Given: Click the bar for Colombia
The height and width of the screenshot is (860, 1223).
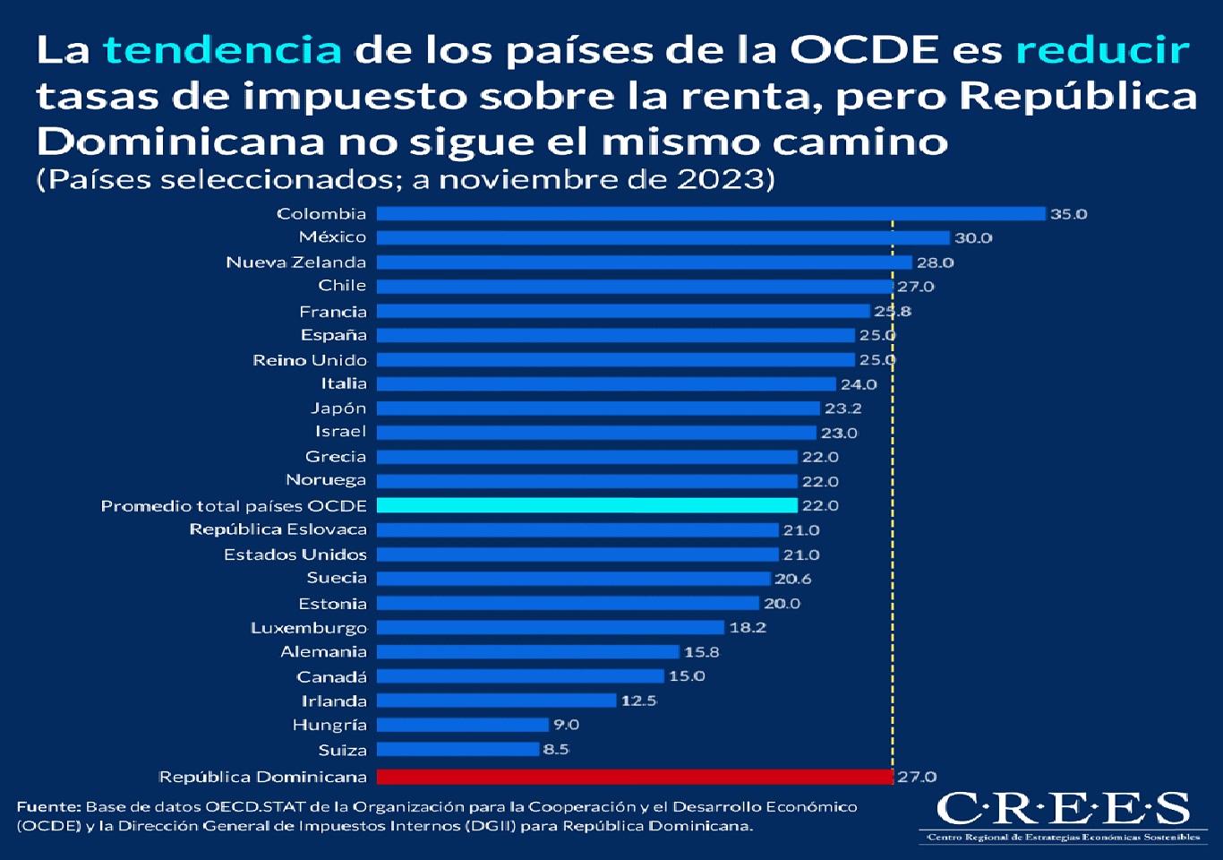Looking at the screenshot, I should coord(711,213).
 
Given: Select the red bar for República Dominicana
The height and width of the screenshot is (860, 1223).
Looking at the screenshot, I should coord(634,777).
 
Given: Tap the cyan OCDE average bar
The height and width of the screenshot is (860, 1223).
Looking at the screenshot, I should coord(586,505).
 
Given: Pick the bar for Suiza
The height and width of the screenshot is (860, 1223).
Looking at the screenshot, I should coord(458,749).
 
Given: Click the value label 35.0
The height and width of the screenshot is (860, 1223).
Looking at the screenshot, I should coord(1068,214).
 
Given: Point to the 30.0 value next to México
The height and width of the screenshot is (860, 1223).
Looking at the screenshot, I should coord(973,238).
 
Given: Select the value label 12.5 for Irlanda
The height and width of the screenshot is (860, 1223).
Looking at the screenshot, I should coord(638,701).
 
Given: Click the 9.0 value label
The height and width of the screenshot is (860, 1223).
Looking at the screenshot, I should coord(566,725).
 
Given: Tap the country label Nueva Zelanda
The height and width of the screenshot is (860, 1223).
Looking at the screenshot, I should coord(295,262).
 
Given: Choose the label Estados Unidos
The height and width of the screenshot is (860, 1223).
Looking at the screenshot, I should coord(295,555).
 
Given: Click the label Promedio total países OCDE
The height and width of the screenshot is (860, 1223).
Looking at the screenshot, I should coord(234,506).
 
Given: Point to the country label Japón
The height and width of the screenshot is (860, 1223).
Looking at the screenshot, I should coord(338,408).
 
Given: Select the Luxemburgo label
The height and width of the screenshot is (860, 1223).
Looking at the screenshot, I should coord(309,628).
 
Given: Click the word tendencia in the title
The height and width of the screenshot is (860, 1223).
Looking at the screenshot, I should coord(222,50).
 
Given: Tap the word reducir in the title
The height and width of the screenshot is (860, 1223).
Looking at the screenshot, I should coord(1102,50).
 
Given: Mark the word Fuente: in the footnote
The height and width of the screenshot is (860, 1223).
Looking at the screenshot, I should coord(48,807).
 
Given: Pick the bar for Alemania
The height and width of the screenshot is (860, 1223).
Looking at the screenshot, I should coord(527,652).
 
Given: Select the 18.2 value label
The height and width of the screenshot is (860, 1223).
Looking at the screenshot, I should coord(748,628).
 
